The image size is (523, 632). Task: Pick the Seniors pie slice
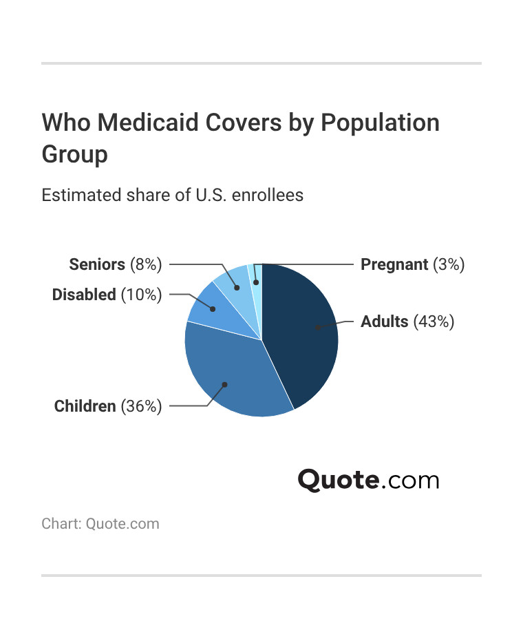pyautogui.click(x=232, y=281)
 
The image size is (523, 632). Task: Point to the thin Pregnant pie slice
pyautogui.click(x=257, y=275)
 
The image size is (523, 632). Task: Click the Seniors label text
pyautogui.click(x=97, y=264)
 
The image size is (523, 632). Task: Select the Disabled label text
pyautogui.click(x=84, y=295)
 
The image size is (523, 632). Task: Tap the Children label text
pyautogui.click(x=85, y=406)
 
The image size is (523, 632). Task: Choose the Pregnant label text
pyautogui.click(x=394, y=264)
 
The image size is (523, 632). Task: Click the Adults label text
pyautogui.click(x=385, y=322)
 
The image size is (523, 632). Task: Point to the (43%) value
pyautogui.click(x=434, y=322)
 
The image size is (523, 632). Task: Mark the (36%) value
pyautogui.click(x=142, y=406)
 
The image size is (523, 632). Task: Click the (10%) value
pyautogui.click(x=142, y=295)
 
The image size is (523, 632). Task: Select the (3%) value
pyautogui.click(x=449, y=264)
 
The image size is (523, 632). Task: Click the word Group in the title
pyautogui.click(x=74, y=154)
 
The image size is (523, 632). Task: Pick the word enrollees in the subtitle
pyautogui.click(x=268, y=195)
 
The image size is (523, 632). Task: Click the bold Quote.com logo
pyautogui.click(x=368, y=480)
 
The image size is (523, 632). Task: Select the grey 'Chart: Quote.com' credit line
pyautogui.click(x=100, y=524)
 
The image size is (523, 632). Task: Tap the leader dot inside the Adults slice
pyautogui.click(x=317, y=328)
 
